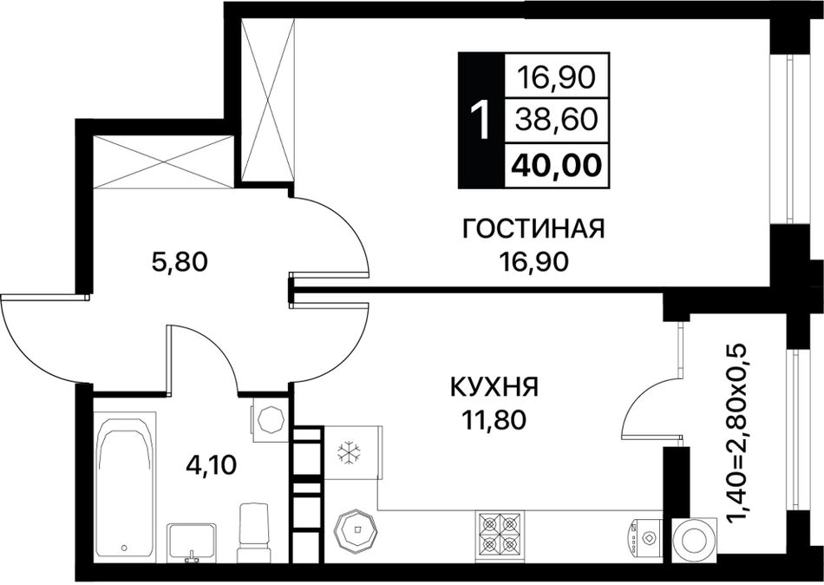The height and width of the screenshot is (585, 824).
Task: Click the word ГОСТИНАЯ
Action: coord(533,229)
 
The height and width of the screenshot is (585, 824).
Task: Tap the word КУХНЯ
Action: coord(494,388)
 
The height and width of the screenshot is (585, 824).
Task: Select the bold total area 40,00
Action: coord(557,166)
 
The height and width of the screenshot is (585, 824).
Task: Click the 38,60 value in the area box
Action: coord(557,120)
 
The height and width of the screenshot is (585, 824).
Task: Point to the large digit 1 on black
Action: coord(481,121)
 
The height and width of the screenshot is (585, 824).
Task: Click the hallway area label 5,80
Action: coord(180,261)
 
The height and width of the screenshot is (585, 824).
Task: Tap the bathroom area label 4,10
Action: coord(212,465)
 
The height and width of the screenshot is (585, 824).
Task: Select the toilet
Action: coord(254,534)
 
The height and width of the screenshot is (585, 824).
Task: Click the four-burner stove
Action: coord(500,537)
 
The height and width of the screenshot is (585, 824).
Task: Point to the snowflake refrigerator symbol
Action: coord(347,453)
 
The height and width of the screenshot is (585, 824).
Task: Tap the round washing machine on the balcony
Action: coord(694,540)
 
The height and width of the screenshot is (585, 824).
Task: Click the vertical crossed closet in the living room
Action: coord(267,99)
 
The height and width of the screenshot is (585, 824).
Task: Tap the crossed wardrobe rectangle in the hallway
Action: coord(163,161)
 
